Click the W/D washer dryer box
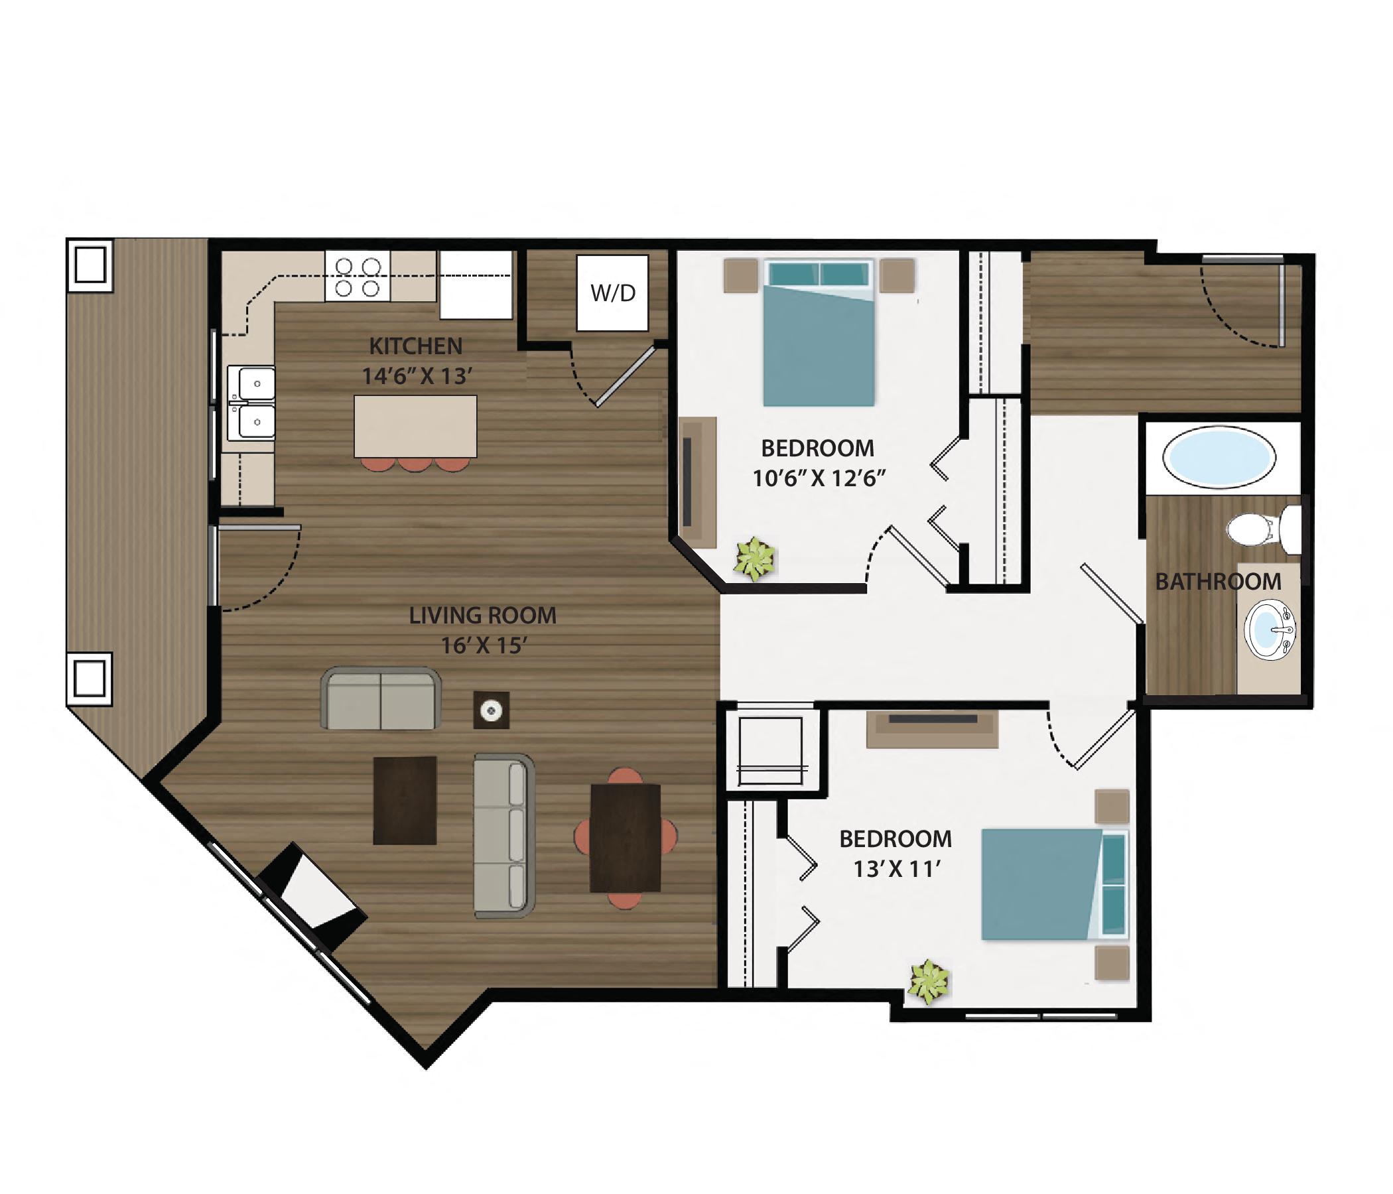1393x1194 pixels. [x=612, y=293]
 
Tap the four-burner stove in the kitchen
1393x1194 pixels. [x=357, y=277]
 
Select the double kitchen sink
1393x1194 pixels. [x=251, y=403]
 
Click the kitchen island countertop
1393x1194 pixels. [x=415, y=427]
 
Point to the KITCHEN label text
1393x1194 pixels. [x=415, y=346]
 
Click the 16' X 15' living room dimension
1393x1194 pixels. [x=483, y=645]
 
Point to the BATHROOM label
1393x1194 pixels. [x=1217, y=582]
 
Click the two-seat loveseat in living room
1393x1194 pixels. [x=381, y=699]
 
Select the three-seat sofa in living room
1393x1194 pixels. [x=504, y=836]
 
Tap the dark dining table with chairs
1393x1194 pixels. [x=626, y=838]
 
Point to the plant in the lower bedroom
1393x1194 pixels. [x=929, y=982]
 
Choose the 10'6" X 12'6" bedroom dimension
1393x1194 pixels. [x=818, y=478]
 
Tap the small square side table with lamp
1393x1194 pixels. [x=492, y=710]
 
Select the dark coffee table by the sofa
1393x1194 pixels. [x=405, y=800]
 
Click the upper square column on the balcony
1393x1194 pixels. [x=90, y=265]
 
